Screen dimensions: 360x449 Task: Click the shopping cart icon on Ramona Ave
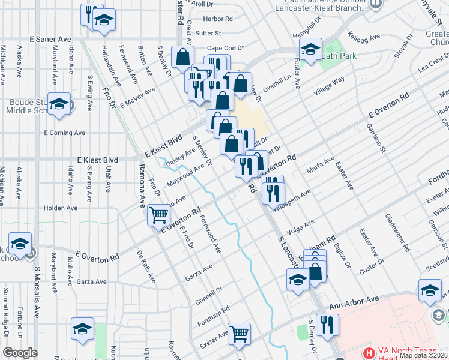(x=158, y=215)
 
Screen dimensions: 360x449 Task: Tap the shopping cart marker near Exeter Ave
(x=240, y=333)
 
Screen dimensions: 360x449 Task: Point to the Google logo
(x=20, y=353)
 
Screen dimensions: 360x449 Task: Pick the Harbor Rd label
(x=218, y=19)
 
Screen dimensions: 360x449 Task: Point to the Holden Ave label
(x=61, y=208)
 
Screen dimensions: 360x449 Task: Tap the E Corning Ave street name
(x=65, y=133)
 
